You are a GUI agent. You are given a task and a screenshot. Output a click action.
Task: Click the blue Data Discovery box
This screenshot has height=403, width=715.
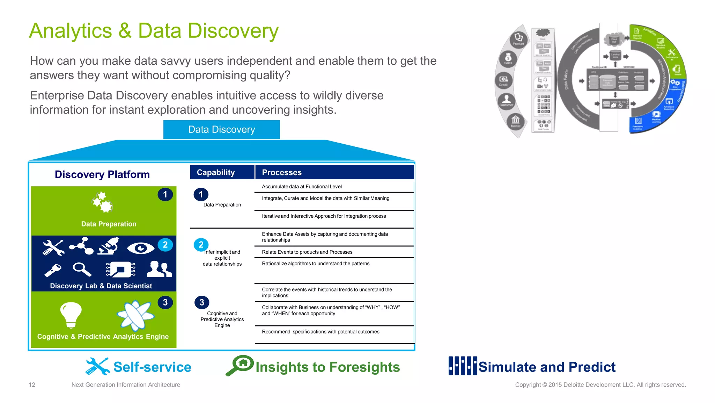(221, 130)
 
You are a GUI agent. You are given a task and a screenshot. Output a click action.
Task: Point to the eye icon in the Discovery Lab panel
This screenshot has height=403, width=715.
(140, 248)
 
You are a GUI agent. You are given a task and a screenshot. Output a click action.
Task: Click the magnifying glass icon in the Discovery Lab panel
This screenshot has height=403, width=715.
(82, 269)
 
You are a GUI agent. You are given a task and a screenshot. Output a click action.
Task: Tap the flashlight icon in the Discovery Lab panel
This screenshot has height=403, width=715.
(53, 270)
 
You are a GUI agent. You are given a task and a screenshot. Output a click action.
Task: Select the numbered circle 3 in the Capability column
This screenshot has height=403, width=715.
(202, 302)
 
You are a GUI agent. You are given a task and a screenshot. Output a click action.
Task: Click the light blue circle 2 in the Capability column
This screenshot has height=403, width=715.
(201, 245)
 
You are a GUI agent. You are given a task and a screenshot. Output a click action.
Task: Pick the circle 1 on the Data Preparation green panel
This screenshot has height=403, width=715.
(165, 194)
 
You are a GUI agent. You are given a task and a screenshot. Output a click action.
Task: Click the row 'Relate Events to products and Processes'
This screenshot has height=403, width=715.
(307, 252)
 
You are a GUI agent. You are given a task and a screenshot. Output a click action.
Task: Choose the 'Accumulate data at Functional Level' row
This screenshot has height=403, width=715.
(302, 187)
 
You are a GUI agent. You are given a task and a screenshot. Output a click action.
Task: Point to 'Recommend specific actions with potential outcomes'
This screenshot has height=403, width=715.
(320, 332)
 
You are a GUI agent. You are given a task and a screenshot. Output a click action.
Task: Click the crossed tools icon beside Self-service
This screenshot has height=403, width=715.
(97, 366)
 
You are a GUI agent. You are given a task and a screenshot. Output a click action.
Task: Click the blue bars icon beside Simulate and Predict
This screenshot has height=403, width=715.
(463, 366)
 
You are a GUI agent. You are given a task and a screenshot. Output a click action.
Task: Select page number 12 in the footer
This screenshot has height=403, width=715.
(32, 385)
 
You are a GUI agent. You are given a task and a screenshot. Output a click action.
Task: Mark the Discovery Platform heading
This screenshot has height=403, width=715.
(102, 174)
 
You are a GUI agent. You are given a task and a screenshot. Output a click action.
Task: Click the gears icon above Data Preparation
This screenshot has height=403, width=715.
(102, 202)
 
